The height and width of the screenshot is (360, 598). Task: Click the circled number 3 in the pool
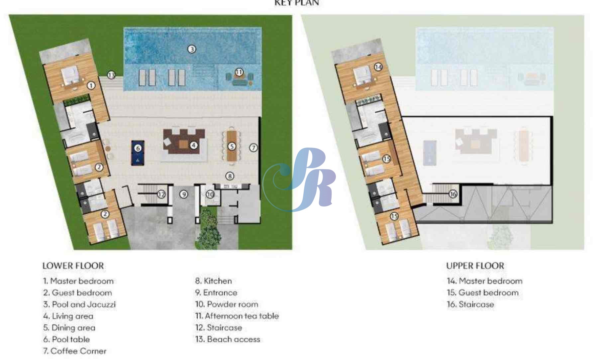coord(192,49)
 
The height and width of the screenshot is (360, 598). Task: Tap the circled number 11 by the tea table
coord(239,72)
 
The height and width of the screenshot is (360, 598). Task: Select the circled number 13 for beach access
coord(111,75)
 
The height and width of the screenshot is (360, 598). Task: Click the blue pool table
coord(138,153)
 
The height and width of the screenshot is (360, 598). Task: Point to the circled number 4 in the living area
coord(193,145)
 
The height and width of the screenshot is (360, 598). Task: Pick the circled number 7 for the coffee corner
coord(253,148)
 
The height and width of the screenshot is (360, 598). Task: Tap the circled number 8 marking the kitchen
coord(230,176)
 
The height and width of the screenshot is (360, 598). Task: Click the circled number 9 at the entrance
coord(184,194)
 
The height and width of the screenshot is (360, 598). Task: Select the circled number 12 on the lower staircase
coord(161,194)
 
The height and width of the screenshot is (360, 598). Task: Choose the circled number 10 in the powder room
coord(210,194)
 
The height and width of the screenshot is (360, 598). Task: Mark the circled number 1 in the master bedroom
coord(91,85)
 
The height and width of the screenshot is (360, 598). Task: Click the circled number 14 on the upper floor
coord(378,67)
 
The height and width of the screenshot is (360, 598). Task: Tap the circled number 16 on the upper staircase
coord(453,194)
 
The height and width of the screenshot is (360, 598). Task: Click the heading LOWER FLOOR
coord(73,266)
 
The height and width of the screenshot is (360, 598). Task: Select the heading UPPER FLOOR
coord(475,266)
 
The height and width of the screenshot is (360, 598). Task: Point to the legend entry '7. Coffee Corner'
coord(75,351)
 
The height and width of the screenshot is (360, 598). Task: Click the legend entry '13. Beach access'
coord(228,339)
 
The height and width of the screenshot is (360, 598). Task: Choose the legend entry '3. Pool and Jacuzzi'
coord(79,304)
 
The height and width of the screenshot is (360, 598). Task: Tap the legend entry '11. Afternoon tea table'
coord(237,316)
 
